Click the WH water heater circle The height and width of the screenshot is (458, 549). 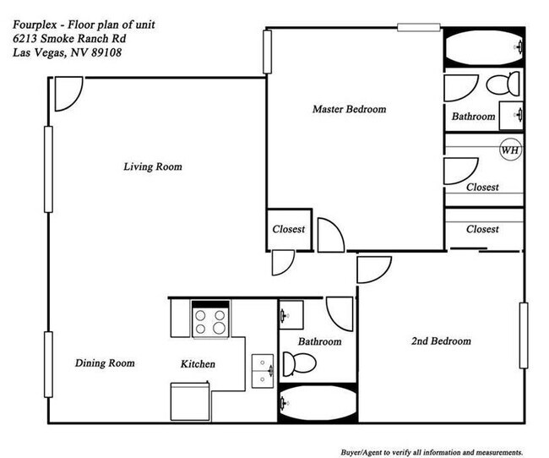pyautogui.click(x=510, y=150)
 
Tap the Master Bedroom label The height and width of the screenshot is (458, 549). pyautogui.click(x=350, y=109)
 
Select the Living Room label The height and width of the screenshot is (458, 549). pyautogui.click(x=153, y=166)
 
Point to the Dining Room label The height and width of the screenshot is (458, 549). pyautogui.click(x=105, y=363)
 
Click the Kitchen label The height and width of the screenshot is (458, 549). pyautogui.click(x=198, y=363)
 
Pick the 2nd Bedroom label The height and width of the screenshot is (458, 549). pyautogui.click(x=441, y=341)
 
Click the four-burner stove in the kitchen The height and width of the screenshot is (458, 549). pyautogui.click(x=210, y=319)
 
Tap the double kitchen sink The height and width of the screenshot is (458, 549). pyautogui.click(x=263, y=371)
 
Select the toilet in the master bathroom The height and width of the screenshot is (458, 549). pyautogui.click(x=503, y=84)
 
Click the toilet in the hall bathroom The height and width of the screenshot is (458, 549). pyautogui.click(x=299, y=363)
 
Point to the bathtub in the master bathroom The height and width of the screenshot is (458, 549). pyautogui.click(x=484, y=47)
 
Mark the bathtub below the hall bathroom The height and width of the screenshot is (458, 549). pyautogui.click(x=318, y=404)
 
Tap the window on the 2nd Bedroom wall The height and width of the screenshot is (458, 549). pyautogui.click(x=524, y=335)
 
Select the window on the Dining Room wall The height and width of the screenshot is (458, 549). pyautogui.click(x=49, y=364)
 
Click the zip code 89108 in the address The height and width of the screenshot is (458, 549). pyautogui.click(x=106, y=52)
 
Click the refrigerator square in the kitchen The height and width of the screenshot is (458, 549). pyautogui.click(x=190, y=401)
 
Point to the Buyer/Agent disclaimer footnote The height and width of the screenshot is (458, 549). pyautogui.click(x=432, y=452)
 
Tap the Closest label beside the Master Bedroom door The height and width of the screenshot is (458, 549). pyautogui.click(x=289, y=229)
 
